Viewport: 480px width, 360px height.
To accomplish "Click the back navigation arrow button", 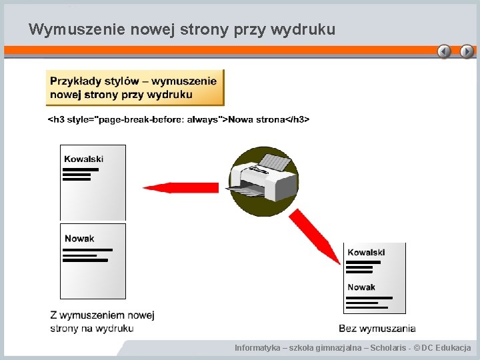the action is click(x=444, y=51).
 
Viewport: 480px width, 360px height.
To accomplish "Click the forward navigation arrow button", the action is click(x=467, y=51).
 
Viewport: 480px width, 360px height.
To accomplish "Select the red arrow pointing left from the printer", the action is click(x=180, y=187).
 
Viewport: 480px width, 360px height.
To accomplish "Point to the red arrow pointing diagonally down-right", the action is click(x=315, y=235).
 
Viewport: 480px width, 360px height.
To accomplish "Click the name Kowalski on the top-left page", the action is click(x=84, y=159).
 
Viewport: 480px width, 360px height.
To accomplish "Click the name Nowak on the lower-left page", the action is click(x=79, y=238).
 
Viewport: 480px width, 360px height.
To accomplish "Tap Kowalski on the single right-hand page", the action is click(x=366, y=252).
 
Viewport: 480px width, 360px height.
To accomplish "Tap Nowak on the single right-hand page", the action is click(x=361, y=287).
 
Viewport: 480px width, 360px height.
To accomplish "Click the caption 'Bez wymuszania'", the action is click(x=377, y=328).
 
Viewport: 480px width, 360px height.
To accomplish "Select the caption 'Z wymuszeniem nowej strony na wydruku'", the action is click(x=102, y=321).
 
